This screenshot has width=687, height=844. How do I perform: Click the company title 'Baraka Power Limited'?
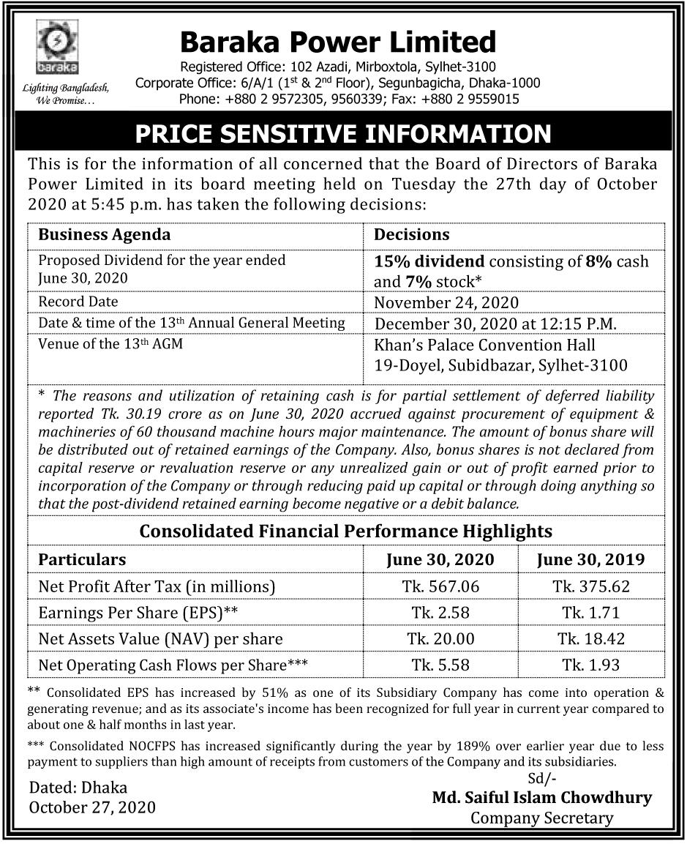(338, 42)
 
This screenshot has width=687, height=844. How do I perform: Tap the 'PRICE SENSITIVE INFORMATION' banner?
(343, 134)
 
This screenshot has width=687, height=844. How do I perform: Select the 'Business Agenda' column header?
(104, 235)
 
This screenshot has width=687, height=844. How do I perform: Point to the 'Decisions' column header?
(412, 235)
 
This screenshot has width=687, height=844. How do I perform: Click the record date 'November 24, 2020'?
(446, 302)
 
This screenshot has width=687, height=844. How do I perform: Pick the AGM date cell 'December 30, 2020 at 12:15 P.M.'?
(496, 323)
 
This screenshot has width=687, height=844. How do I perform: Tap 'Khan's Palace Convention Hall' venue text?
(485, 345)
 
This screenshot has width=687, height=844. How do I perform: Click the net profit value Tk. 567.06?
(440, 586)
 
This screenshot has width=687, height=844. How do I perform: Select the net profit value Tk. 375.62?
(591, 586)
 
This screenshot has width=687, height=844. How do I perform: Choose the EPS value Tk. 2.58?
(440, 613)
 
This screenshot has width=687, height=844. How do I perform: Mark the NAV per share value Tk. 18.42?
(591, 638)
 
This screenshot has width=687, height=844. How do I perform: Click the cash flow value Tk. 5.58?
(440, 665)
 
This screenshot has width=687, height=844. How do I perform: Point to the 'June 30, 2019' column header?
(590, 560)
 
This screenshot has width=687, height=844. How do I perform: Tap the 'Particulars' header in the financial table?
(82, 560)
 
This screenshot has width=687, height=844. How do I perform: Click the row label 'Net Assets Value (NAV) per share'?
(160, 639)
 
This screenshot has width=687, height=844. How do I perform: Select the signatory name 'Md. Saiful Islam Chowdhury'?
(541, 797)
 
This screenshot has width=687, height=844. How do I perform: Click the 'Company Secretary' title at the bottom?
(541, 818)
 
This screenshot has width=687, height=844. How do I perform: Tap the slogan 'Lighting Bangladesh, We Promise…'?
(66, 94)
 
